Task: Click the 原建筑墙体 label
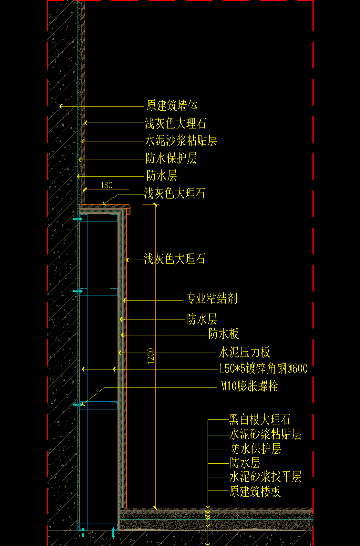(x=172, y=106)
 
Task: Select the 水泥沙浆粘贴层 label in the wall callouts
(x=181, y=141)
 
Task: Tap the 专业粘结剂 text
(x=211, y=298)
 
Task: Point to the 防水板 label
(x=224, y=334)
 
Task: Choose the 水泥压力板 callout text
(x=244, y=352)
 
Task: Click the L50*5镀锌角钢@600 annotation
(x=263, y=368)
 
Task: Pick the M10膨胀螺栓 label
(x=249, y=386)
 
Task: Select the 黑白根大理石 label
(x=260, y=420)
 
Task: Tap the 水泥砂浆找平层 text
(x=265, y=477)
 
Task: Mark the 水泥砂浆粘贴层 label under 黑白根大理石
(x=265, y=434)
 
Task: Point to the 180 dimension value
(x=107, y=185)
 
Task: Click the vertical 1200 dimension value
(x=151, y=356)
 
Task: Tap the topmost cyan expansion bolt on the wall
(x=78, y=219)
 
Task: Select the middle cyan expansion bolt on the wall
(x=78, y=291)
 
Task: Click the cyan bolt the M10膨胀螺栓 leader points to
(x=78, y=405)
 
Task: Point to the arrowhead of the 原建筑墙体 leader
(x=61, y=106)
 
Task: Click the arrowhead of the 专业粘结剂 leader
(x=124, y=300)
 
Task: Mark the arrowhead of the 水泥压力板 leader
(x=120, y=353)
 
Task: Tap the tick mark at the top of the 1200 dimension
(x=155, y=204)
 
